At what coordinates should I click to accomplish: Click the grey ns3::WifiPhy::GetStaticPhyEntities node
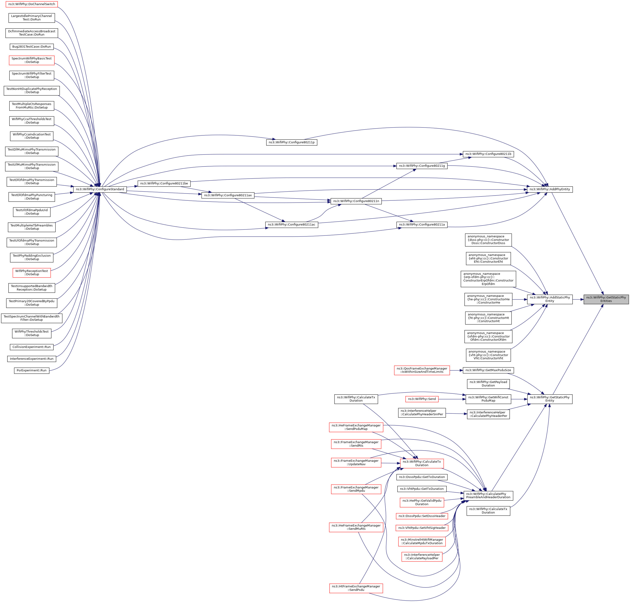(x=606, y=299)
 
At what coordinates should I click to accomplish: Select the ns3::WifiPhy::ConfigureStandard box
(x=100, y=189)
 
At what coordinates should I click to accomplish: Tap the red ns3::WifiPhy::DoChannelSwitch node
(x=31, y=4)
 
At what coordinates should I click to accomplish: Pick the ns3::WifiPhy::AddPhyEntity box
(x=549, y=189)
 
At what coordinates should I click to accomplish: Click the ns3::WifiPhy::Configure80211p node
(x=291, y=142)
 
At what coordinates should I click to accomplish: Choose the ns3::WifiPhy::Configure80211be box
(x=164, y=183)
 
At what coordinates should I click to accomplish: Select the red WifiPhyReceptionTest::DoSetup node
(x=31, y=272)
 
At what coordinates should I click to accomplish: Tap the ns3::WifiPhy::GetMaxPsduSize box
(x=488, y=370)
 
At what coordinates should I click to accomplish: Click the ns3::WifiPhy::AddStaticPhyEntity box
(x=549, y=299)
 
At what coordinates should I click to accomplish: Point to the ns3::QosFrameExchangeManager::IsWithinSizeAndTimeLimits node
(x=422, y=370)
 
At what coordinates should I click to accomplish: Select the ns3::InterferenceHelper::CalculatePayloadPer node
(x=422, y=556)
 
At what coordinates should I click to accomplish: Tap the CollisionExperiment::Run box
(x=31, y=347)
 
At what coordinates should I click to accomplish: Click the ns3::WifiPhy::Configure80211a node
(x=422, y=225)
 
